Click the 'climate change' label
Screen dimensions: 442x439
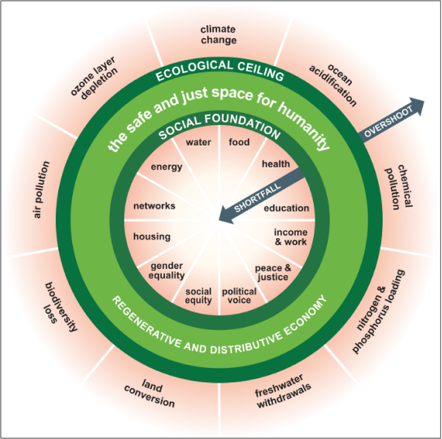[x=219, y=35]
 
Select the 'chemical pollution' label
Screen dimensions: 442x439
[x=399, y=186]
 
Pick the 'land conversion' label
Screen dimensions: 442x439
[x=150, y=394]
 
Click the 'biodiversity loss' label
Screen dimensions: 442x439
[x=60, y=306]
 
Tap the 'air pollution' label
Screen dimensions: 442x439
[x=41, y=189]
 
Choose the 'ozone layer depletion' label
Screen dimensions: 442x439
[x=94, y=77]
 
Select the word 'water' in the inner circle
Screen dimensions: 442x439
[x=198, y=142]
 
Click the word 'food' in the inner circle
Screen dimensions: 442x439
[x=239, y=141]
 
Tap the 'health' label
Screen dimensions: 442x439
[x=276, y=164]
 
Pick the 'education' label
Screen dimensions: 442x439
[x=287, y=208]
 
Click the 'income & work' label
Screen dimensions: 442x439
[x=291, y=237]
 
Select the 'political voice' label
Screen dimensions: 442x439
[x=239, y=295]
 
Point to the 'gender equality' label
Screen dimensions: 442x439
[x=166, y=270]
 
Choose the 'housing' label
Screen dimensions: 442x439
[x=152, y=236]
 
